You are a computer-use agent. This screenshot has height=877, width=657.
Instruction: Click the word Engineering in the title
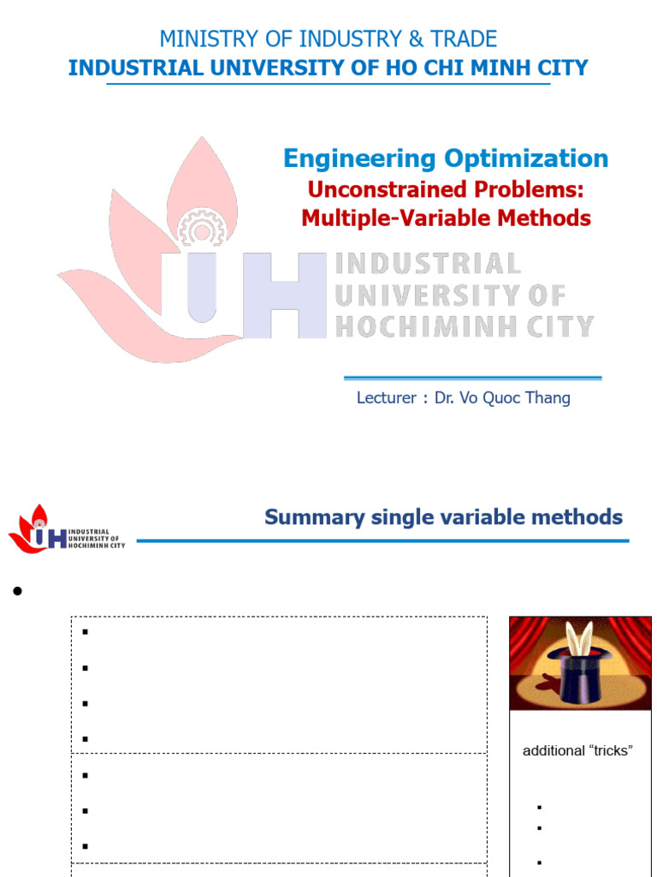pyautogui.click(x=358, y=158)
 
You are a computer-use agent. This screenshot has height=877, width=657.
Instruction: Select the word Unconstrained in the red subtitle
pyautogui.click(x=374, y=189)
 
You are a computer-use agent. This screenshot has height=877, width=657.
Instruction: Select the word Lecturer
pyautogui.click(x=386, y=398)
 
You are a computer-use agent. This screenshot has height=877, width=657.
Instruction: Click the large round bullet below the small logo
pyautogui.click(x=15, y=593)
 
